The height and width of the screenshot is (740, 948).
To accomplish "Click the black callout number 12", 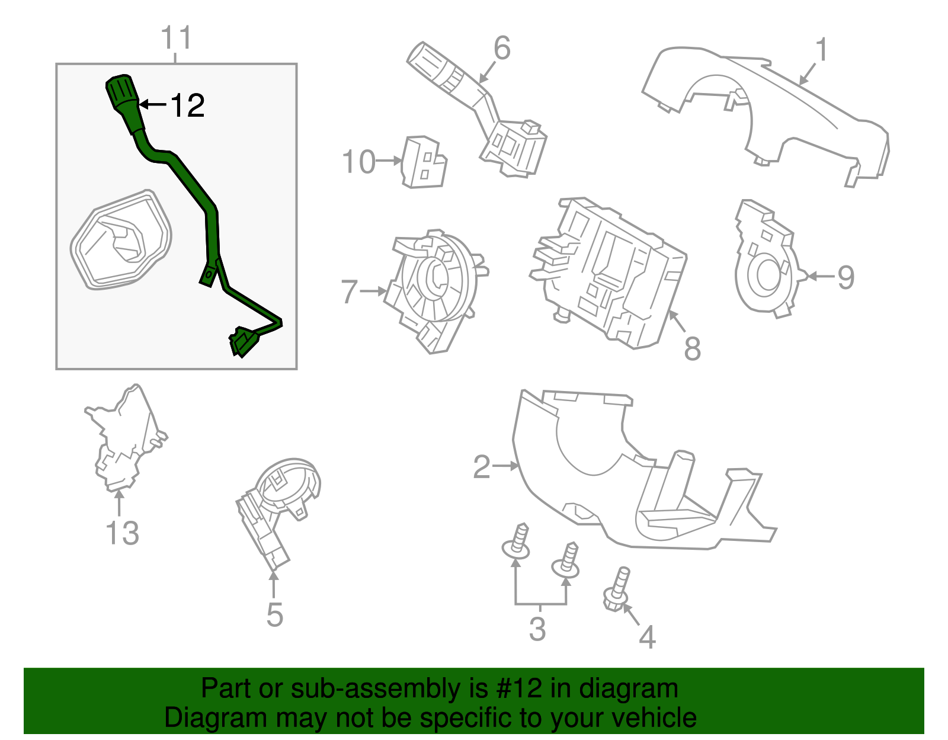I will coord(187,106).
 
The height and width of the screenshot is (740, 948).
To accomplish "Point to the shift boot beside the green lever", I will coord(121,240).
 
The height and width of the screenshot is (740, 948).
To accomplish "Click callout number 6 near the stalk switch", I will coord(501,49).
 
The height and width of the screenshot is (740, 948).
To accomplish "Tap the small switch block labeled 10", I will coord(424,163).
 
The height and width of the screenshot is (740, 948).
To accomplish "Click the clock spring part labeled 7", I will coord(435,290).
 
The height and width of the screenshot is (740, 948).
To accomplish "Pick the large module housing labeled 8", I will coord(610,273).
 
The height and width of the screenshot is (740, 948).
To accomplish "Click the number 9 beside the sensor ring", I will coord(845,277).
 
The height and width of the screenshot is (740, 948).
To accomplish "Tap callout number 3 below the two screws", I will coord(537,629).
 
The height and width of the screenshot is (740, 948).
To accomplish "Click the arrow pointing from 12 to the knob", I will coord(153,105).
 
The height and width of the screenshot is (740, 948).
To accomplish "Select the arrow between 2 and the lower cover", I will coord(505,466).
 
